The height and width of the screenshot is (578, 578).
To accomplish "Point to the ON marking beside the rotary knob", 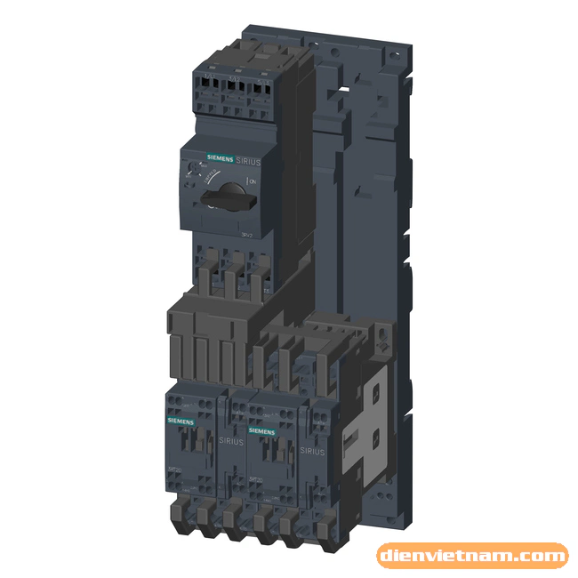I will [253, 181].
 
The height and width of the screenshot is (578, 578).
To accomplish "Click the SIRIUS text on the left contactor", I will [227, 439].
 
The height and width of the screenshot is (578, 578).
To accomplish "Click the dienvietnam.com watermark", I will [472, 557].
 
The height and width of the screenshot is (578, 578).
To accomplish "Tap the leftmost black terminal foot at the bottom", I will [177, 513].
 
